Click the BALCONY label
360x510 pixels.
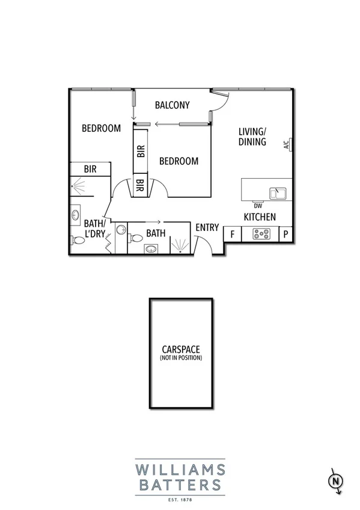pos(172,105)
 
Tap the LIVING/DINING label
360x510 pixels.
pos(252,137)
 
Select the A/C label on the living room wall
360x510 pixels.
pos(287,144)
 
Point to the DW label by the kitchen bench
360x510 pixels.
pos(258,206)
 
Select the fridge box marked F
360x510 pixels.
pos(232,235)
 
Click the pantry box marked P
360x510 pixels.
pos(285,235)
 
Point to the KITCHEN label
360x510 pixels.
pos(260,217)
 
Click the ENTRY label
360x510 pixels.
pos(207,227)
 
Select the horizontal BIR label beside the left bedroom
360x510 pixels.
pos(90,169)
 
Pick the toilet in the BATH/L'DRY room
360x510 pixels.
pos(78,240)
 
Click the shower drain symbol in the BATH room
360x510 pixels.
pos(180,252)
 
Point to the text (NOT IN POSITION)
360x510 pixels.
pos(180,358)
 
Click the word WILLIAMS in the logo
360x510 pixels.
pos(180,469)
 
